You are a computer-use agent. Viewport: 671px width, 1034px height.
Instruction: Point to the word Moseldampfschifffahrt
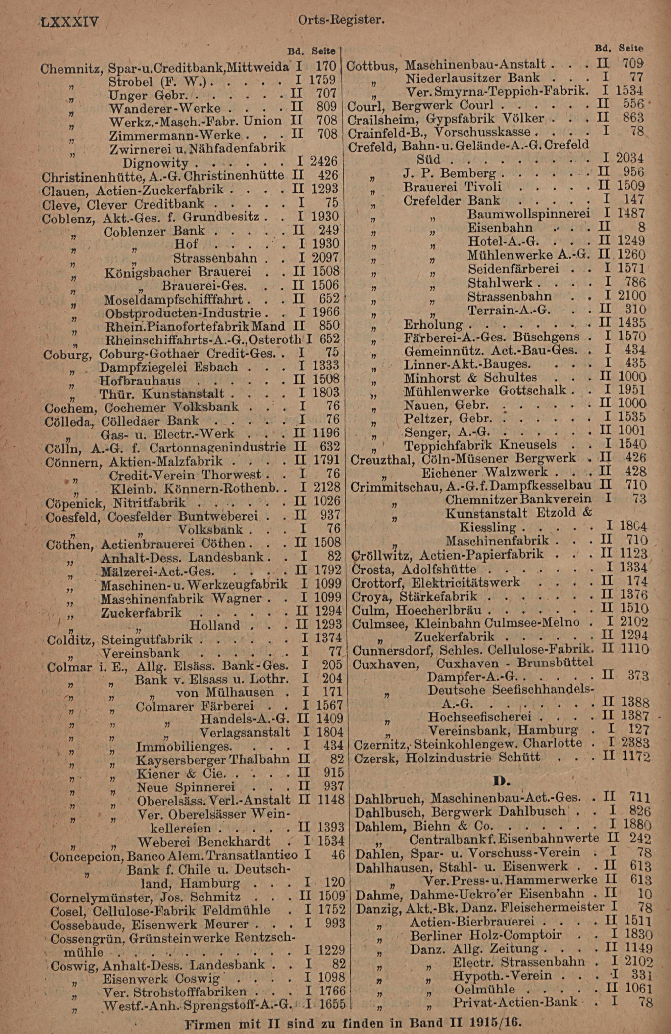point(175,300)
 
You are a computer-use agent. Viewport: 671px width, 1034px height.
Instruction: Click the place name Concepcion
point(87,855)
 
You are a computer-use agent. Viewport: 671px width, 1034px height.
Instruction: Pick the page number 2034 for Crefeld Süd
point(630,158)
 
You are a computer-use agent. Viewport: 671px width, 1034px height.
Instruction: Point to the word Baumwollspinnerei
point(528,214)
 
